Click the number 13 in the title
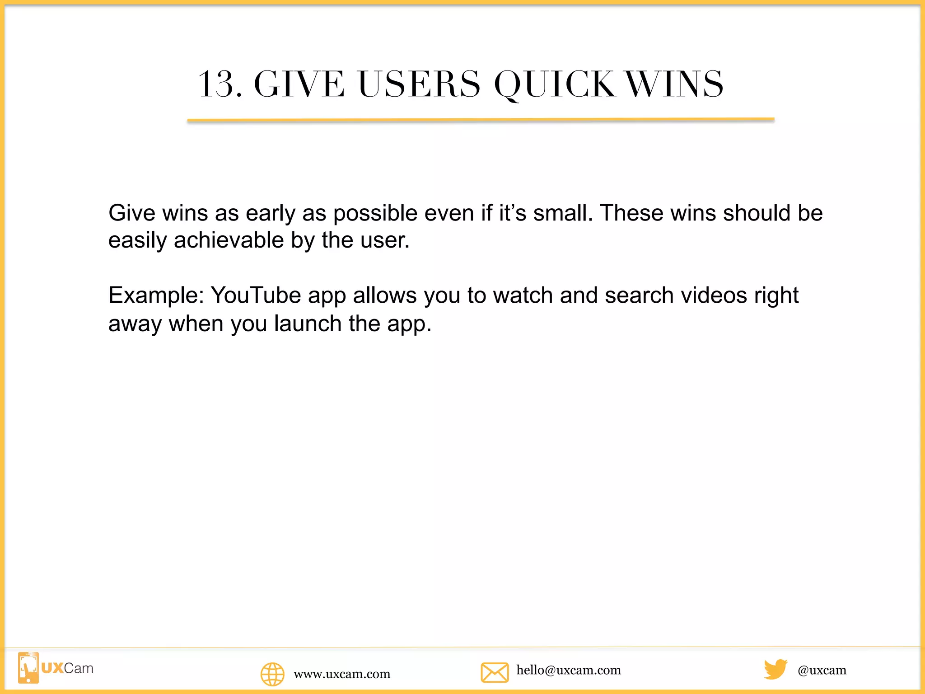tap(216, 84)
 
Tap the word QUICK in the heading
tap(554, 84)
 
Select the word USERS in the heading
tap(419, 84)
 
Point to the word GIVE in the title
tap(299, 84)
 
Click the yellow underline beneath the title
tap(481, 120)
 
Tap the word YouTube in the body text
tap(256, 295)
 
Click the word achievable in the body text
tap(229, 240)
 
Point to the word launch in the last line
tap(308, 324)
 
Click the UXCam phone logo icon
tap(28, 667)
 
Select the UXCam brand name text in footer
tap(67, 668)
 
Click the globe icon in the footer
tap(272, 674)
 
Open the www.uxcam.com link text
tap(342, 674)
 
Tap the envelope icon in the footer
tap(495, 672)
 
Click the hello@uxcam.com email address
tap(569, 670)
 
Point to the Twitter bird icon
tap(776, 669)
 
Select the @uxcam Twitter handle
tap(822, 670)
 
